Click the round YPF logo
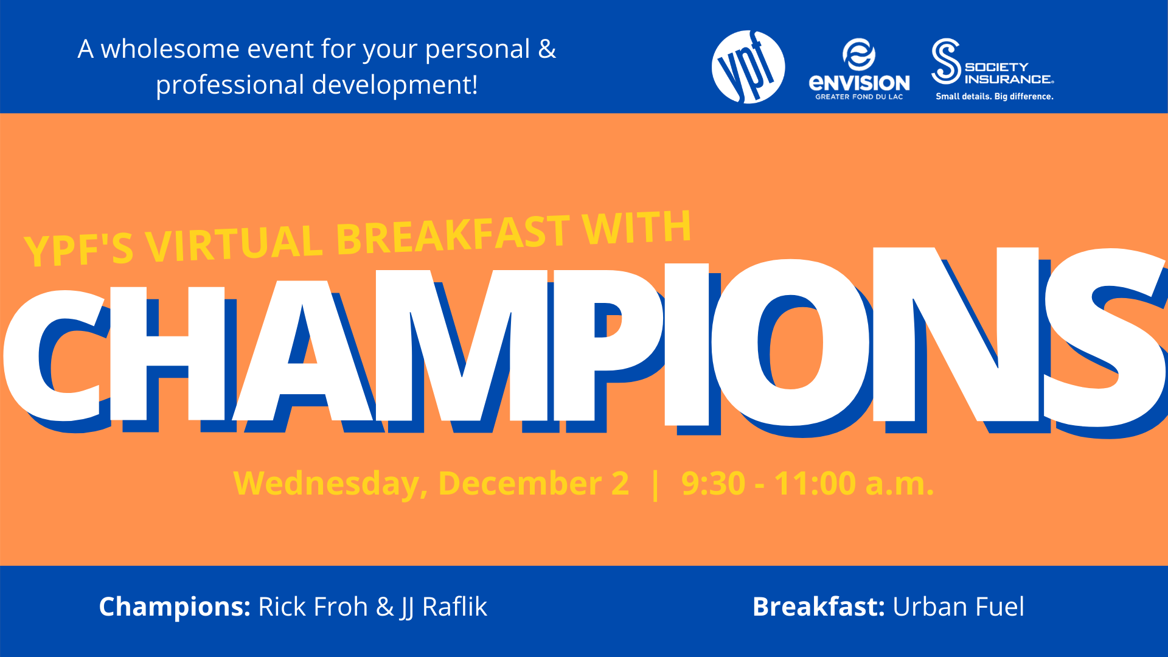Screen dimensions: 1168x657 [x=748, y=67]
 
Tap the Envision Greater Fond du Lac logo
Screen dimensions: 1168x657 [x=859, y=69]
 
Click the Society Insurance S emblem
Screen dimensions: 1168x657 [x=946, y=61]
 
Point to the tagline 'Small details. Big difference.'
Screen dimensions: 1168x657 [x=995, y=96]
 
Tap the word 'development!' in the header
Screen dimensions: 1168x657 [x=395, y=85]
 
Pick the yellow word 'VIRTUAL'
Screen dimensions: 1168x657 [x=234, y=245]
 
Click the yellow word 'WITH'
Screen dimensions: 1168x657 [x=637, y=226]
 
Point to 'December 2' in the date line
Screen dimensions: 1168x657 [x=534, y=484]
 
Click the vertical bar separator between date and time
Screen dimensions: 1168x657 [x=655, y=485]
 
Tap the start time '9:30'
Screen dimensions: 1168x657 [x=714, y=484]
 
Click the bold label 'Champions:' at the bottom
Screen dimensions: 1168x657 [x=175, y=607]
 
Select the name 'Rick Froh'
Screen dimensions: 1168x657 [x=313, y=607]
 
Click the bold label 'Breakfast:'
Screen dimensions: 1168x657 [x=819, y=607]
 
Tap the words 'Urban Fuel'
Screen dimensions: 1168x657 [x=959, y=607]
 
